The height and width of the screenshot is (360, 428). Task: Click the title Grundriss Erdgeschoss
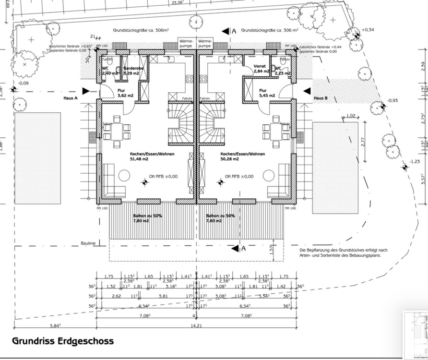tap(63, 341)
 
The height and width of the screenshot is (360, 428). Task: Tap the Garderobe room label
tap(131, 69)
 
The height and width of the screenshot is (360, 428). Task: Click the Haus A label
tap(71, 98)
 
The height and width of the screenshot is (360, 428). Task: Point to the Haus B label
tap(321, 98)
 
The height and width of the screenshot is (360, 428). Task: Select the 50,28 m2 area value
tap(230, 159)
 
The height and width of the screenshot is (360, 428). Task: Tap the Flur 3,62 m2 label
tap(125, 93)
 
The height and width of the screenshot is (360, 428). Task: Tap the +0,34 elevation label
tap(368, 30)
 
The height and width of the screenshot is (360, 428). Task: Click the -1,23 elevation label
tap(415, 162)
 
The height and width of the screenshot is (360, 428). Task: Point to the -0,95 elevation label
tap(393, 100)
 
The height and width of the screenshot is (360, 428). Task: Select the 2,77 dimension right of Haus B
tap(363, 142)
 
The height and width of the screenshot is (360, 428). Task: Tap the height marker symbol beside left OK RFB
tap(144, 182)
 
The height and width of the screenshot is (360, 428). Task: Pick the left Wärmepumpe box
tap(186, 43)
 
